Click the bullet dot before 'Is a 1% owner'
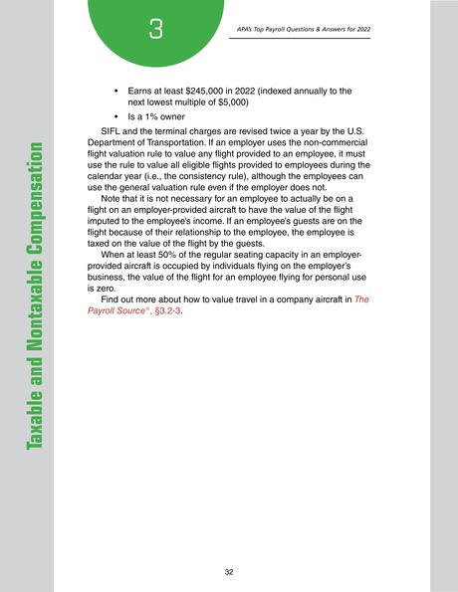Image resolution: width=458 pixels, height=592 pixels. point(117,115)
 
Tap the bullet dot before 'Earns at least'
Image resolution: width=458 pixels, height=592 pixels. point(117,91)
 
